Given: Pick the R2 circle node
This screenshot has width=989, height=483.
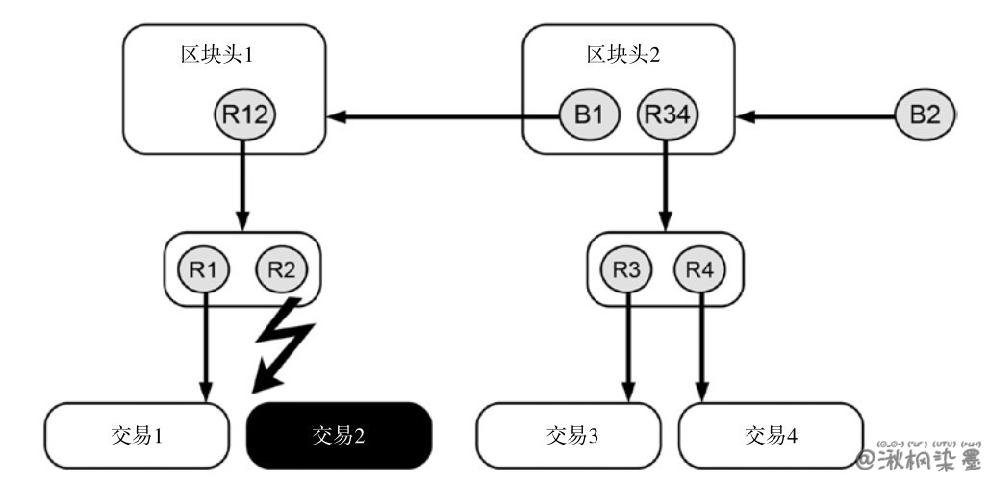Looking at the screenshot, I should (x=282, y=268).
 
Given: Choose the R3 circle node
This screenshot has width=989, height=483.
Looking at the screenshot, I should (x=627, y=268).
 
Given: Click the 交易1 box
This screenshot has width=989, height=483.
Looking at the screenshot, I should (x=138, y=435).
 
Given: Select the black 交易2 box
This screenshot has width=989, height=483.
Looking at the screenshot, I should (x=339, y=435).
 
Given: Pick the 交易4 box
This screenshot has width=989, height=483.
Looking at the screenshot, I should (x=770, y=435).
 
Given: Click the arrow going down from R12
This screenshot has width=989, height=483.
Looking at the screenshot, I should (x=243, y=183).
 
